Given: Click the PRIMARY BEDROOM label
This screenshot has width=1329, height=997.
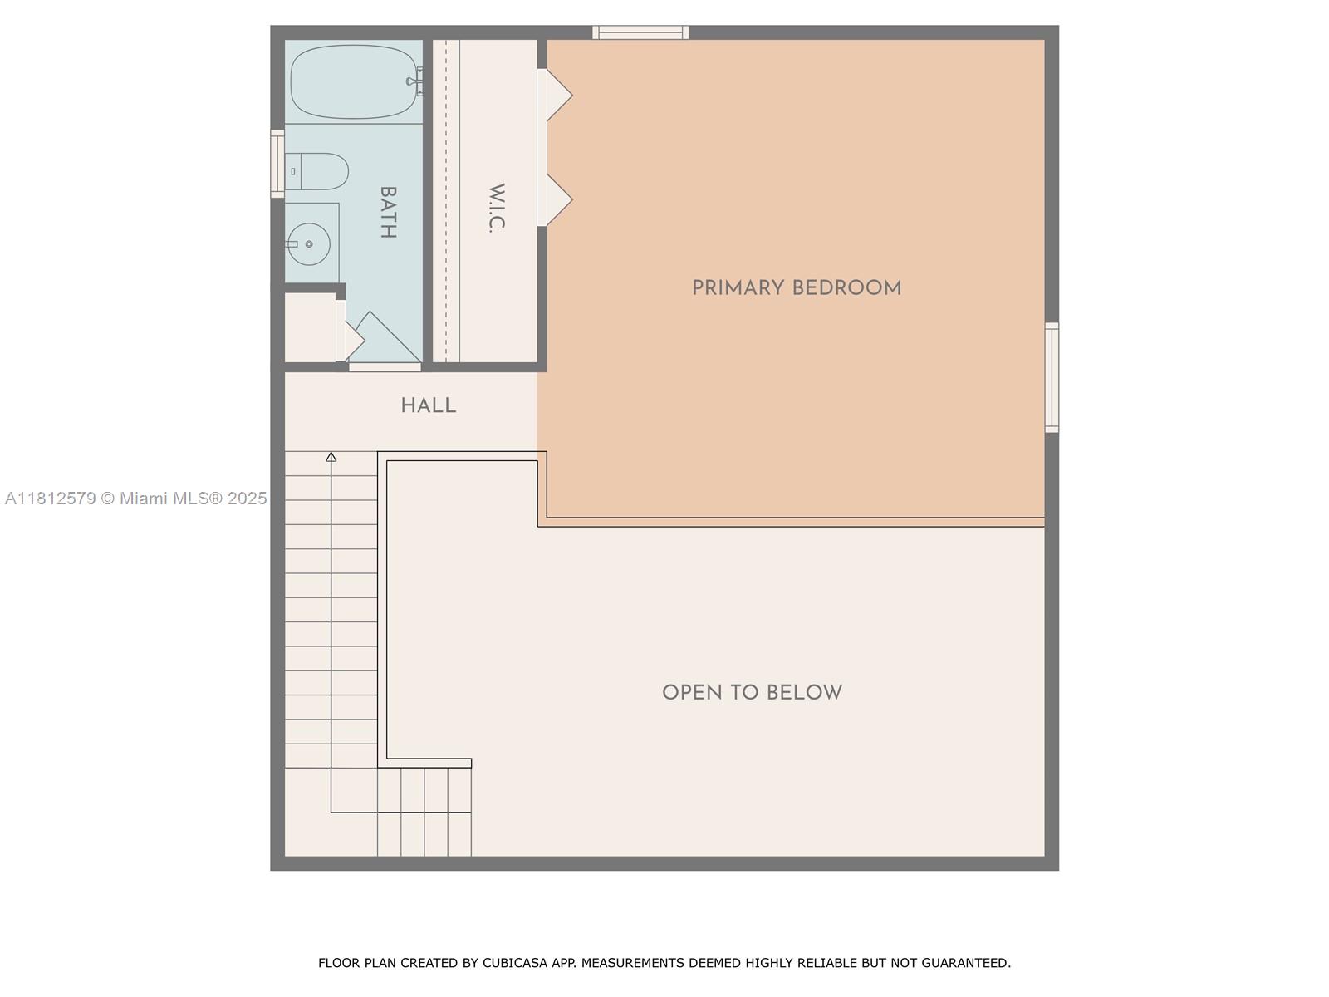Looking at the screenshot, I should [x=796, y=288].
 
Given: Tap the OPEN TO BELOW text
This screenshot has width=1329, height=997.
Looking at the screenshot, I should [x=752, y=692].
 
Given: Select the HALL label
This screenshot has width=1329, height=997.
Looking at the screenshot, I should [x=428, y=405].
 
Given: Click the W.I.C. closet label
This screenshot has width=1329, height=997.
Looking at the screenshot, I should [x=497, y=208].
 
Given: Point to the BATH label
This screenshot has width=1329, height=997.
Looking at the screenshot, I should [x=387, y=212].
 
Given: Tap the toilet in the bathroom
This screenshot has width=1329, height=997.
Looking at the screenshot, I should [x=317, y=171].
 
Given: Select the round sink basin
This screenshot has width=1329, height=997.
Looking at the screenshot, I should [x=309, y=244].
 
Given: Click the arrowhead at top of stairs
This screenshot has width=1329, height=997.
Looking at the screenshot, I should [x=331, y=457].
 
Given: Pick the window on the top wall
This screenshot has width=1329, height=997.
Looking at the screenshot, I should [x=640, y=32].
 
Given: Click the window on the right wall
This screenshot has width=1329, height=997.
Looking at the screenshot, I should [x=1052, y=377].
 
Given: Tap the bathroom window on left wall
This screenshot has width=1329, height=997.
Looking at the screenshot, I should [x=277, y=164].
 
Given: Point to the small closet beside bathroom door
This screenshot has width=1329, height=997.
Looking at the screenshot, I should [x=309, y=327].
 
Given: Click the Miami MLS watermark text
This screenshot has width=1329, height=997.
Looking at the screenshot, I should [x=136, y=498].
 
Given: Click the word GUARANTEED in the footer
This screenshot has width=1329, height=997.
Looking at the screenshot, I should [x=965, y=963].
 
